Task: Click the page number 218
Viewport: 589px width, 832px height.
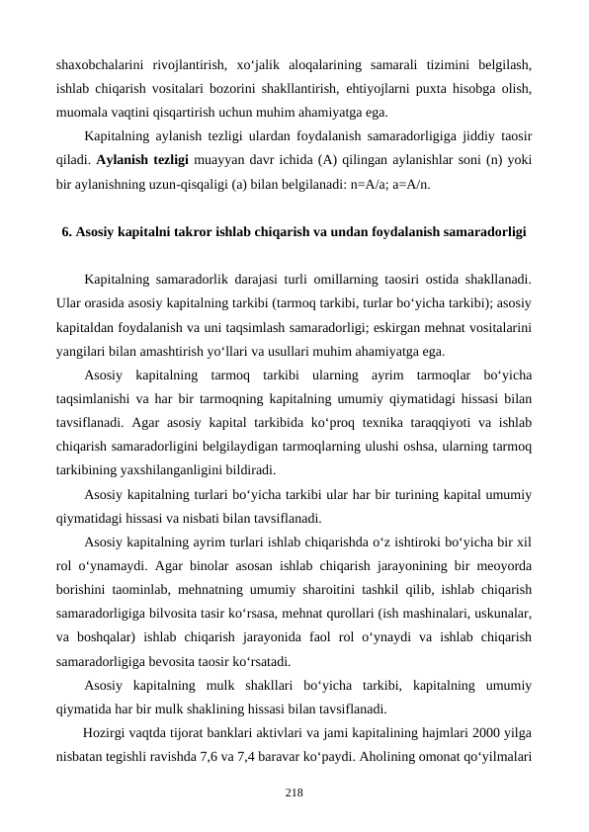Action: pos(294,792)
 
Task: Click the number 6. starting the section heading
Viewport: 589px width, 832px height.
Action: pos(67,233)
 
